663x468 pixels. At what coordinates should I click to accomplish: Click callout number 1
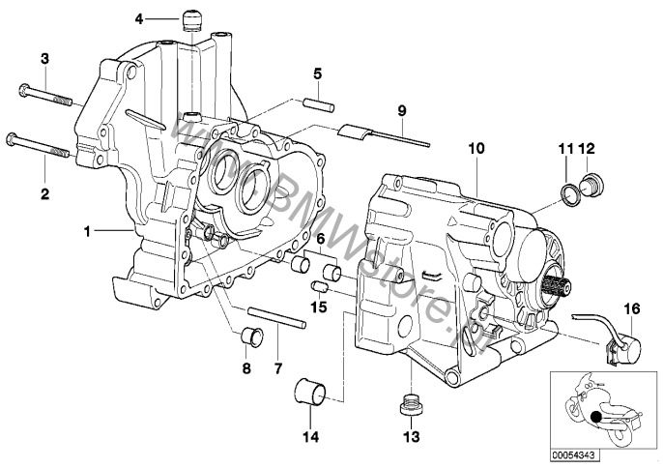coord(140,232)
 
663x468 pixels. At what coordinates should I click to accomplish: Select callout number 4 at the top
coord(139,18)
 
